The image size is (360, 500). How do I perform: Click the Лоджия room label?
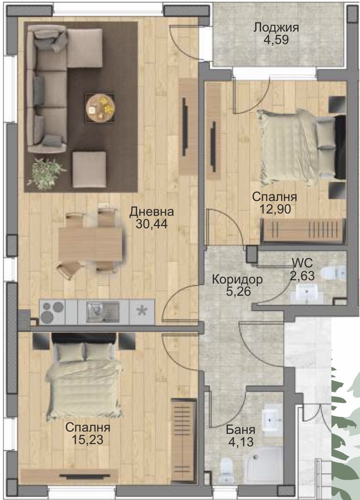tap(276, 28)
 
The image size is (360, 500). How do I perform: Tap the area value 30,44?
tap(152, 224)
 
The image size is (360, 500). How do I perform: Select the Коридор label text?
tap(237, 280)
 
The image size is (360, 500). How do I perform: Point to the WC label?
tap(302, 264)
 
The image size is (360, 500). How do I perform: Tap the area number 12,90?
tap(275, 209)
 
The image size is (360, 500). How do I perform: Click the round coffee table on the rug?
tap(100, 108)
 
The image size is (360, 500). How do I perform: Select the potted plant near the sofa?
tap(46, 174)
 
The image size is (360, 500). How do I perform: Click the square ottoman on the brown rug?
tap(89, 170)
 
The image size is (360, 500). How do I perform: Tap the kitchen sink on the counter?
tap(103, 312)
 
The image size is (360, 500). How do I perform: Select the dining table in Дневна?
tap(90, 245)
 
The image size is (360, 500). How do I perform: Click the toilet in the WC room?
tap(333, 273)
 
